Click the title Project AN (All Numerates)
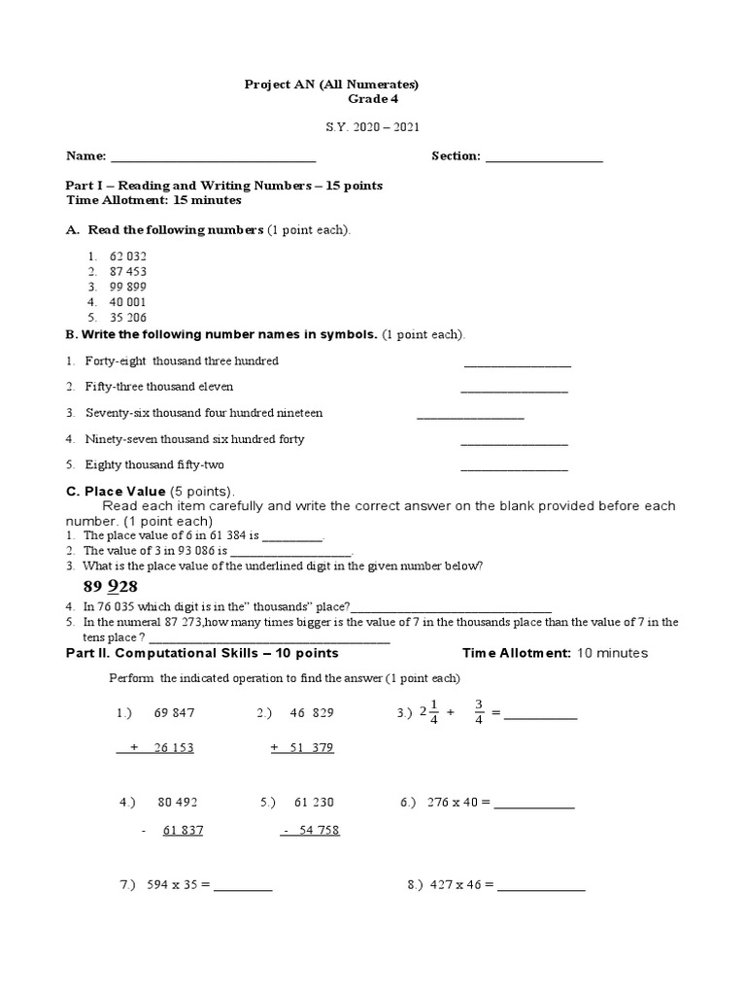pyautogui.click(x=331, y=85)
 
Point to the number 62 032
pyautogui.click(x=128, y=257)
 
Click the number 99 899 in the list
pyautogui.click(x=128, y=287)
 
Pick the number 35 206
pyautogui.click(x=128, y=317)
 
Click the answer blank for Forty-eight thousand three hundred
pyautogui.click(x=518, y=364)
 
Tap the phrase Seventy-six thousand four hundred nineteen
pyautogui.click(x=204, y=413)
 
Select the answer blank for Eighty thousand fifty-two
pyautogui.click(x=514, y=468)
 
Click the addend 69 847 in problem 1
pyautogui.click(x=174, y=712)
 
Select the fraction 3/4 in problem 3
pyautogui.click(x=479, y=711)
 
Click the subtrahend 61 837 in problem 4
pyautogui.click(x=183, y=831)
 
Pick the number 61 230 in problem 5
pyautogui.click(x=313, y=803)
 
